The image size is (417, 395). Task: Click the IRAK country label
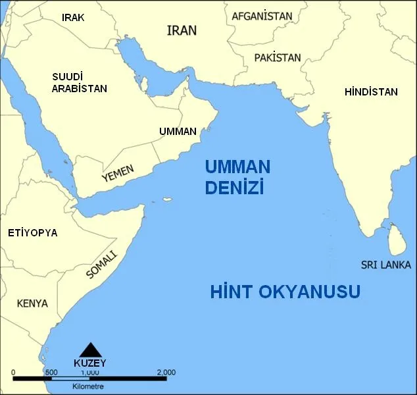73,18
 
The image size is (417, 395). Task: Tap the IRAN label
182,30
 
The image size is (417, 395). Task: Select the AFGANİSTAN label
262,16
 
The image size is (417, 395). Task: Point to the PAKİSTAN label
277,57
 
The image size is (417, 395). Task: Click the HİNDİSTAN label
371,92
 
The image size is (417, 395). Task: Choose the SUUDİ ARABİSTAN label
80,82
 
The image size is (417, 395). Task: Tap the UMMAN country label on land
178,132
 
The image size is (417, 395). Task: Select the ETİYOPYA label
32,233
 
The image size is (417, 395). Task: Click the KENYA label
32,303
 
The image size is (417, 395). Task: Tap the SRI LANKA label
385,265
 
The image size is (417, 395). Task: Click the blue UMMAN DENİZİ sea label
237,177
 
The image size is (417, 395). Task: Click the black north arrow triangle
89,350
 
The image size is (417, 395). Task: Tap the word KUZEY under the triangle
89,363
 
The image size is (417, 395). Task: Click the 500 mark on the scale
51,373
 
